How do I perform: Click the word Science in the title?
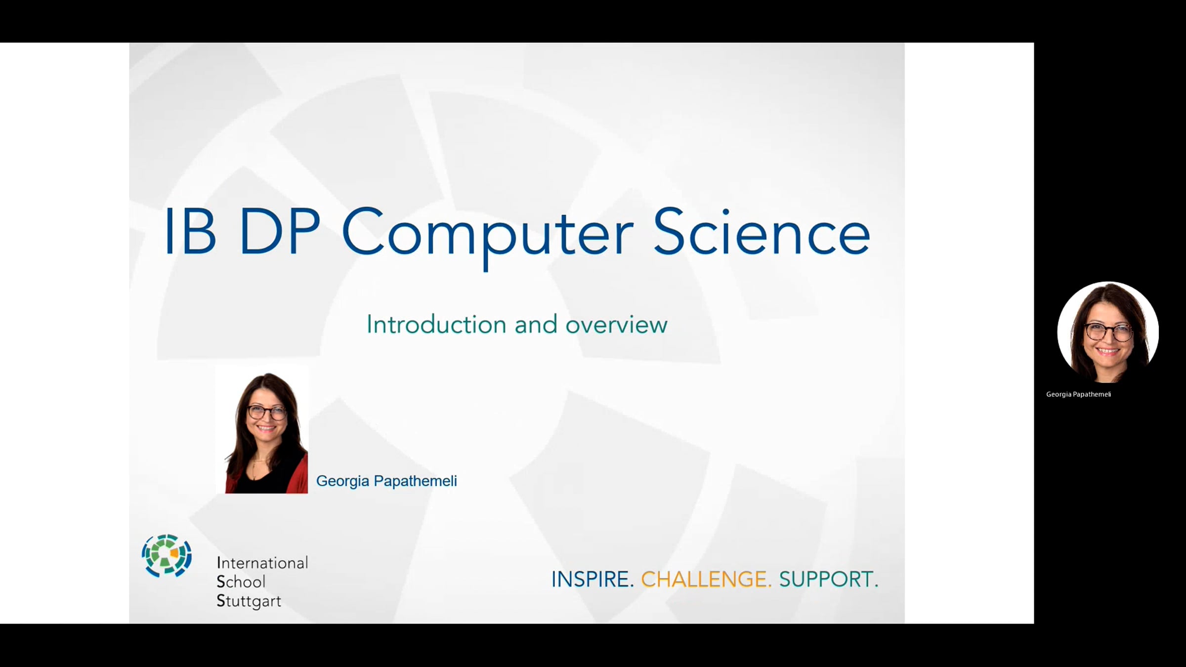click(762, 232)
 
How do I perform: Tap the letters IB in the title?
click(190, 231)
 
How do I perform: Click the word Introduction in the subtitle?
click(436, 325)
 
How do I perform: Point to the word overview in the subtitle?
click(616, 326)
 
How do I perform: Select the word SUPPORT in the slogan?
click(829, 579)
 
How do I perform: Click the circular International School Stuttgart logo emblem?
click(167, 555)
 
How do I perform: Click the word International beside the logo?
click(262, 563)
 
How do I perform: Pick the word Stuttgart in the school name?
click(249, 601)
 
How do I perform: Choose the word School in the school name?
click(241, 582)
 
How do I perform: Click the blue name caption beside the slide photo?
click(386, 481)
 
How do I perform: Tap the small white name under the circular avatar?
click(1078, 394)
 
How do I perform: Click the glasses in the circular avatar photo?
click(1108, 332)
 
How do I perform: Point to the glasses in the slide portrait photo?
click(267, 412)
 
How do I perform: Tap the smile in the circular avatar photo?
click(1107, 352)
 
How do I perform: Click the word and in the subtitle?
click(536, 325)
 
